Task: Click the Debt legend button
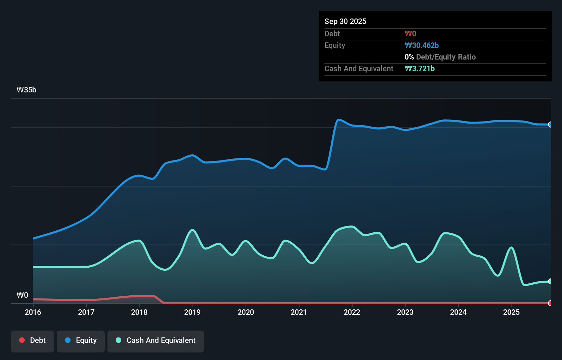[x=32, y=340]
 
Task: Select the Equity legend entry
[x=81, y=340]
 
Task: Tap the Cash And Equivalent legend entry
[x=155, y=340]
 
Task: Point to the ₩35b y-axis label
[x=26, y=90]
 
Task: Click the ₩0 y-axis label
[x=22, y=295]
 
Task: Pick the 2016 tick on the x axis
[x=33, y=312]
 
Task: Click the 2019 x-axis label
[x=192, y=312]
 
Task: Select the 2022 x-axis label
[x=352, y=312]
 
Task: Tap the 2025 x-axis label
[x=511, y=312]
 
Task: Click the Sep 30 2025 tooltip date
[x=345, y=21]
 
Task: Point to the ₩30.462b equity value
[x=421, y=45]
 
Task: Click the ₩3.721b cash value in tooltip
[x=419, y=68]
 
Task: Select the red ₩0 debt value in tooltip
[x=410, y=34]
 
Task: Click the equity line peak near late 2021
[x=338, y=119]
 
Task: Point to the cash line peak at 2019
[x=192, y=230]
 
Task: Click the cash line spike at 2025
[x=511, y=247]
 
